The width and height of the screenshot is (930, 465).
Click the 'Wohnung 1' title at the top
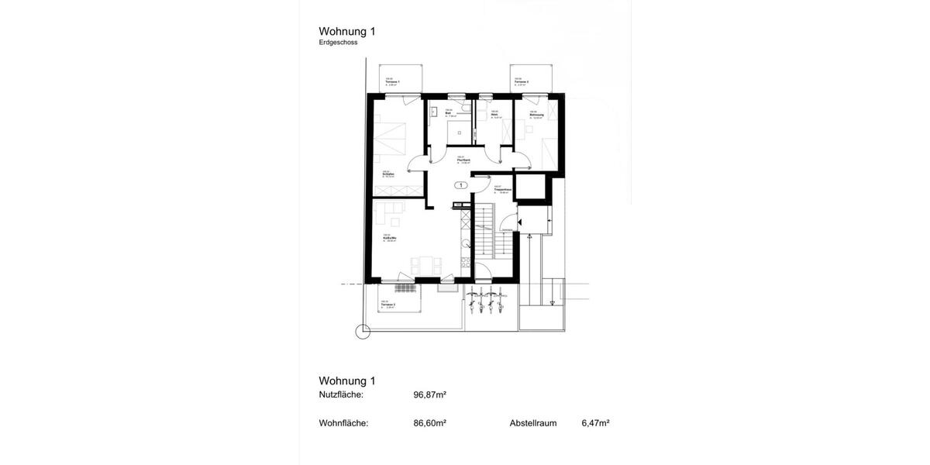click(347, 32)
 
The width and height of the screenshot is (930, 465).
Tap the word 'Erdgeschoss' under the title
click(338, 43)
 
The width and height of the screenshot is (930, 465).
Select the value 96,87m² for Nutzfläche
click(429, 394)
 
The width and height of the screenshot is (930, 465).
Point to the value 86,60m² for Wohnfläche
click(429, 423)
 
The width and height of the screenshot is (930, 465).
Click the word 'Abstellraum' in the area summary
click(533, 423)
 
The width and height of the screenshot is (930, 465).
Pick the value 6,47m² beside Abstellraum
click(595, 423)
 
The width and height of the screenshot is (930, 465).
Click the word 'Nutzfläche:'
click(341, 394)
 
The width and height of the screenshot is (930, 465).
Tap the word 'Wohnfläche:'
click(343, 423)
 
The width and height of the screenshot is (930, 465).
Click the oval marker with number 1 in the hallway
click(460, 185)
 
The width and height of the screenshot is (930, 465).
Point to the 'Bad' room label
click(449, 113)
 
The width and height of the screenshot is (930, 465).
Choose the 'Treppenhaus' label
click(501, 189)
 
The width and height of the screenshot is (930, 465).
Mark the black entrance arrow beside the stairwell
click(521, 223)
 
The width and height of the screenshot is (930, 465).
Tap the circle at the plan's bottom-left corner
click(363, 332)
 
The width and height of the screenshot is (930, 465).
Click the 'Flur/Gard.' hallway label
click(463, 160)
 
